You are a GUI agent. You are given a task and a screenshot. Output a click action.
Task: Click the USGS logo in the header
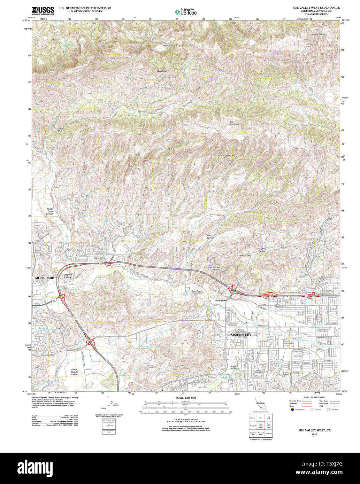pos(43,10)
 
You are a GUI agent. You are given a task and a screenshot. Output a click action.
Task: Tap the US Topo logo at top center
pos(185,12)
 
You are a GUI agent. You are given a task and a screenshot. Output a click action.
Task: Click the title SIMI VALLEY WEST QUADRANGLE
pos(311,7)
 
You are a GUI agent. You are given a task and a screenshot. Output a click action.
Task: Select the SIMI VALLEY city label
pos(241,335)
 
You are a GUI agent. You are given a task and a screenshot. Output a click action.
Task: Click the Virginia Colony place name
pos(68,276)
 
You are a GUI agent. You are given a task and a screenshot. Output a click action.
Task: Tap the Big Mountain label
pos(234,123)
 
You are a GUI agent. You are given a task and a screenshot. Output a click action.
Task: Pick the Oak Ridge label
pos(162,71)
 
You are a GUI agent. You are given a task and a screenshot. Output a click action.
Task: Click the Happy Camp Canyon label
pos(50,211)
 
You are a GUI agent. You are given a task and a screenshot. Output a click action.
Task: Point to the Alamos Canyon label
pos(210,236)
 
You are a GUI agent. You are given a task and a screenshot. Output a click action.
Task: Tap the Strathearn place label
pos(221,300)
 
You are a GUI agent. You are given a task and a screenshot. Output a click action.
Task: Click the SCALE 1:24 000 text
pos(185,398)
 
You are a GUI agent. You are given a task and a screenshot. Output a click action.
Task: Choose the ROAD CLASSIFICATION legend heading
pos(314,397)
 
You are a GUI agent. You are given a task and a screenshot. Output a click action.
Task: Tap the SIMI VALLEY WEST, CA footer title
pos(314,430)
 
